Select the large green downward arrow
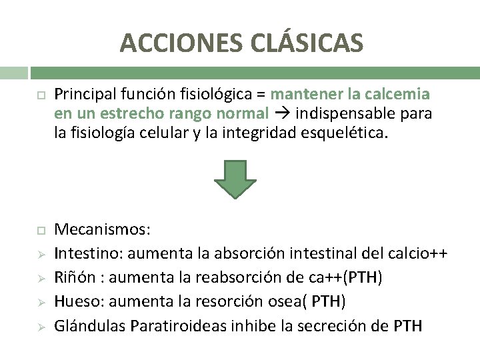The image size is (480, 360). click(x=235, y=179)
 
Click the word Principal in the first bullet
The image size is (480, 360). click(x=83, y=94)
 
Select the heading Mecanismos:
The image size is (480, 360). click(x=103, y=230)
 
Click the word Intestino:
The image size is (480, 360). click(x=89, y=253)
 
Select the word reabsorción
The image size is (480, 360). click(x=225, y=277)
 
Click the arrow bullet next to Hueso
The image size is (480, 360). click(x=41, y=302)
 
